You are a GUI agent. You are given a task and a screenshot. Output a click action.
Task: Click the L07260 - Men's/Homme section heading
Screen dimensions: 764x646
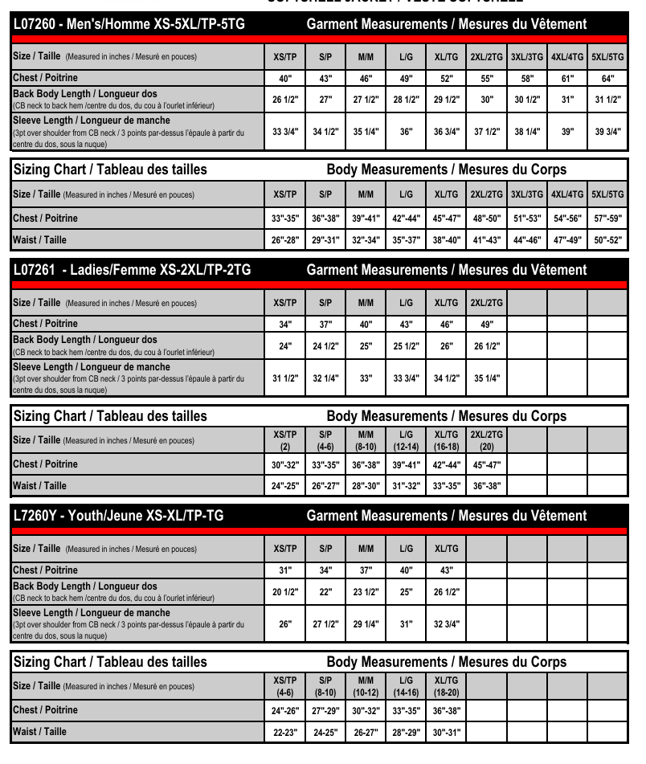coord(129,24)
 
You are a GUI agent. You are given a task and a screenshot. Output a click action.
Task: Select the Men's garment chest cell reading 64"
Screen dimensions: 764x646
coord(607,79)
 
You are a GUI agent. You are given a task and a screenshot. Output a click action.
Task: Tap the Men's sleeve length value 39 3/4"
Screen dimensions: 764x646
coord(607,132)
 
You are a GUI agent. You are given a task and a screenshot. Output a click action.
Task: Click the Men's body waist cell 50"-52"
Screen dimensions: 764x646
coord(607,240)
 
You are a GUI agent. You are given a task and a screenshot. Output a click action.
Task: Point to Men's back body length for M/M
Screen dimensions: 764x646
coord(366,100)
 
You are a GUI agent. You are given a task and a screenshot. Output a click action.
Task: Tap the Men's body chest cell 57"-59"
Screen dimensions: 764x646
coord(607,219)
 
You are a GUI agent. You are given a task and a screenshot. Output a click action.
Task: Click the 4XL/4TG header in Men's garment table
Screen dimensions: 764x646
coord(567,57)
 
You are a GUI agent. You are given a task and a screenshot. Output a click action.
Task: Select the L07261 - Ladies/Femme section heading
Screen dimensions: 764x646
coord(133,270)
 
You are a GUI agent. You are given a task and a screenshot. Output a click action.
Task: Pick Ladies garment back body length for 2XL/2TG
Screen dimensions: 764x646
coord(487,345)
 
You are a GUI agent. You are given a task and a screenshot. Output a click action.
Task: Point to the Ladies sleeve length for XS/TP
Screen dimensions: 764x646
coord(285,378)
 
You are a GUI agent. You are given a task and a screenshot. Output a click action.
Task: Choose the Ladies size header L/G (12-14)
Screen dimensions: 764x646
coord(406,440)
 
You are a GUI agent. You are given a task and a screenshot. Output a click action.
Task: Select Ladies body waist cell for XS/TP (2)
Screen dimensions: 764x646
coord(285,486)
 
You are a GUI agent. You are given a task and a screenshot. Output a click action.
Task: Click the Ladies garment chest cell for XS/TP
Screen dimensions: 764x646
coord(285,325)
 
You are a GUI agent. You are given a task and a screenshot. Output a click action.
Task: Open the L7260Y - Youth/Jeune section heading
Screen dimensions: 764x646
coord(119,516)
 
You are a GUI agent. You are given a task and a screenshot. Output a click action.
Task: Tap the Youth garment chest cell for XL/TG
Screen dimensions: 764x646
coord(446,570)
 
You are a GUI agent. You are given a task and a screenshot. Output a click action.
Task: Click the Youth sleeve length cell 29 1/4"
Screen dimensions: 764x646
coord(366,624)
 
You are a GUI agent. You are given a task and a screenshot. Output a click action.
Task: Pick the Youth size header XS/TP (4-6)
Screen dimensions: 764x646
coord(285,686)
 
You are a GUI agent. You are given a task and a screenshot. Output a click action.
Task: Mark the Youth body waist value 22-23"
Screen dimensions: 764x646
coord(285,732)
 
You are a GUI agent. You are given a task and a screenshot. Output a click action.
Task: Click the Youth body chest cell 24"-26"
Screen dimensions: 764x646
coord(285,710)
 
